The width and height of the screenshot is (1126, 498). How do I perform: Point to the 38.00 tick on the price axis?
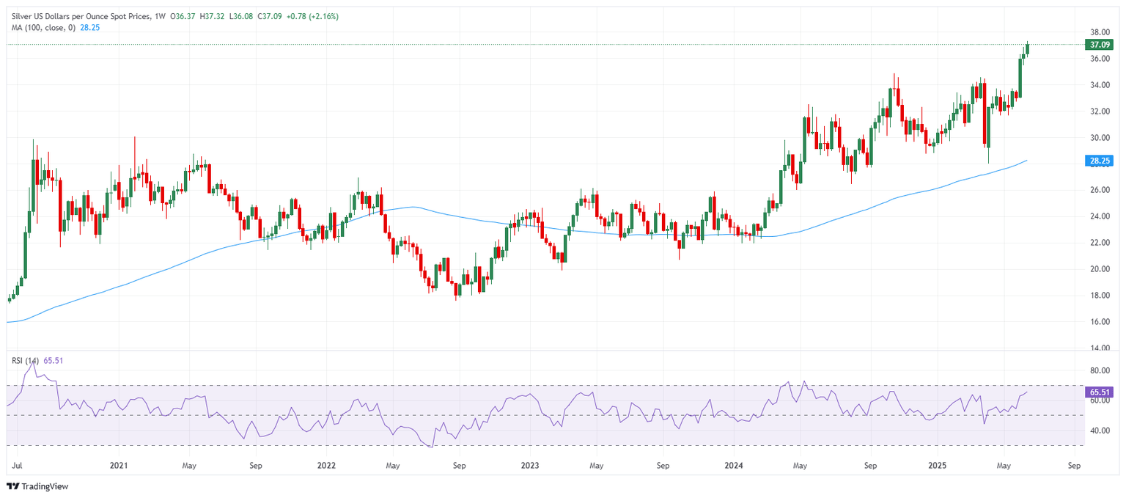(1098, 32)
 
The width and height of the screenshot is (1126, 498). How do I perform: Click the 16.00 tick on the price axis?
(1098, 321)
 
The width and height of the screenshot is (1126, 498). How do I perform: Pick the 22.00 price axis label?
(1098, 243)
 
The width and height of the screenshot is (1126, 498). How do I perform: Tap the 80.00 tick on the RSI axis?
(1098, 371)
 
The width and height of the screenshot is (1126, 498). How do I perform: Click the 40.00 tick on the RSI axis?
(1098, 431)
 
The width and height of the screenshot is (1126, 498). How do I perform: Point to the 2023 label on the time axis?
(529, 465)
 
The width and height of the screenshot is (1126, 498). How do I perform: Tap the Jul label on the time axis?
(16, 465)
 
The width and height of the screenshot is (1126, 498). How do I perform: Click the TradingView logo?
(37, 486)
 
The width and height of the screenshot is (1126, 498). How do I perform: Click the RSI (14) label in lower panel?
(24, 361)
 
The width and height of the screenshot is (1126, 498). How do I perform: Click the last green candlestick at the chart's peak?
(1028, 48)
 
